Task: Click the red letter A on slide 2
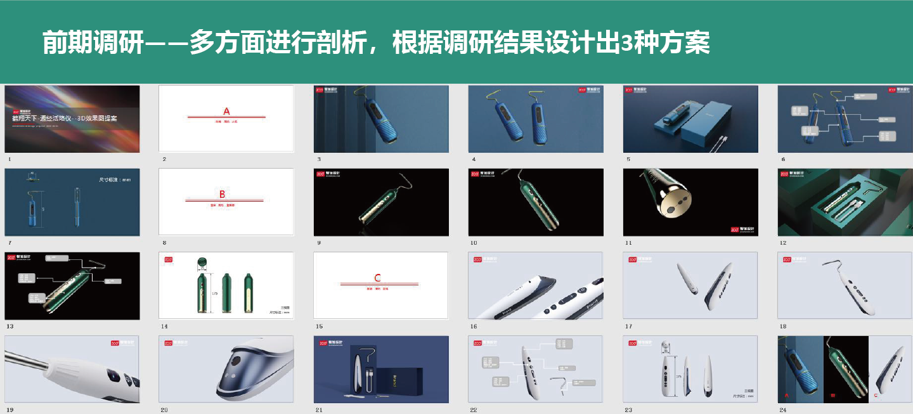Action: tap(226, 111)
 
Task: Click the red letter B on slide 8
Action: tap(222, 194)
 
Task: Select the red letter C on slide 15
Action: tap(378, 278)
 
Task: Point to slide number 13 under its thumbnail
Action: tap(10, 326)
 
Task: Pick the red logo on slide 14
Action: tap(169, 259)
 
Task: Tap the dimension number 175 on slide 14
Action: tap(215, 294)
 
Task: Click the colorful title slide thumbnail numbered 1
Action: tap(72, 119)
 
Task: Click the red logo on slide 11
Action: tap(735, 229)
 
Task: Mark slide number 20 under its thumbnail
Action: tap(164, 410)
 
